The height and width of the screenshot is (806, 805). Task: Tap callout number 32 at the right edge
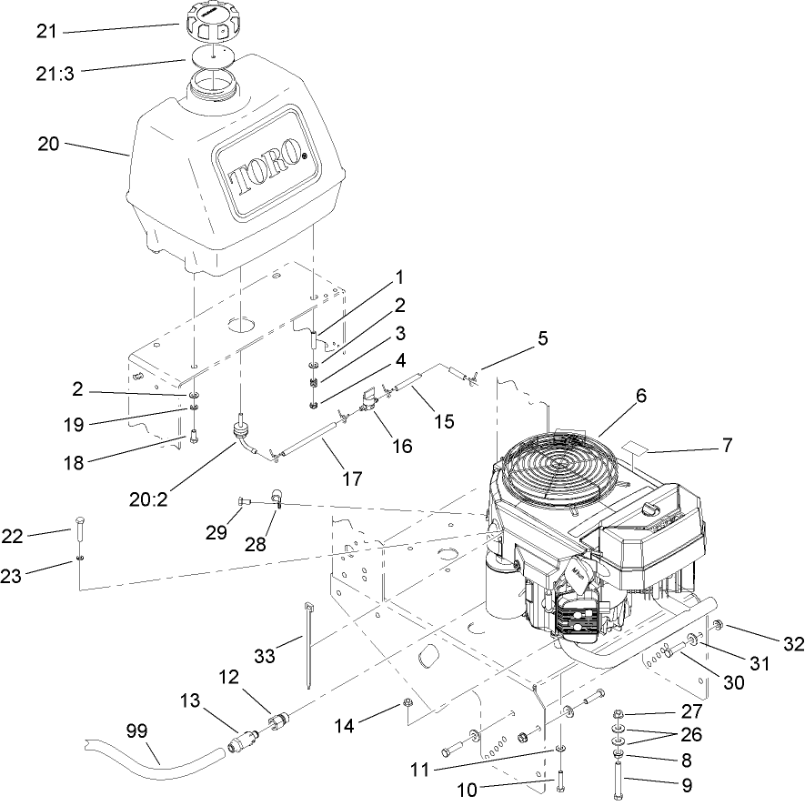coord(793,644)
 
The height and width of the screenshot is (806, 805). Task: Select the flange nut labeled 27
coord(618,712)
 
